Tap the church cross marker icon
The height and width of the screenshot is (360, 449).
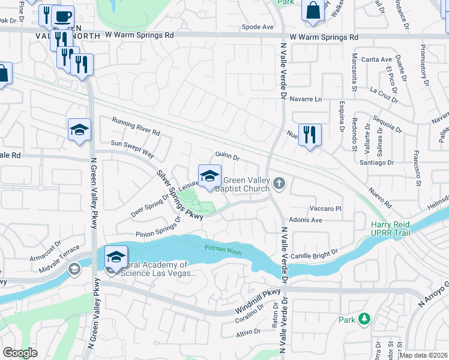pos(278,182)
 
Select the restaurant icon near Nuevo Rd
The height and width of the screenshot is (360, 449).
pos(310,134)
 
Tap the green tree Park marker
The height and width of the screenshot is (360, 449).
pos(363,320)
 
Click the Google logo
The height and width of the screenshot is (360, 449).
pos(20,353)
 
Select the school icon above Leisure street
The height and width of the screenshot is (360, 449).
pos(209,176)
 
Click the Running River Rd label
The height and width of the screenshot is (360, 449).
pos(136,126)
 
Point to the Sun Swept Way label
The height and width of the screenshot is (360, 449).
pos(133,144)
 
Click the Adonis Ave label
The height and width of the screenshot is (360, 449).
pos(306,220)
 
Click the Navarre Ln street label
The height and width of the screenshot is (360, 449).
pos(306,99)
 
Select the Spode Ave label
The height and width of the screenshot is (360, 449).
pos(257,27)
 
